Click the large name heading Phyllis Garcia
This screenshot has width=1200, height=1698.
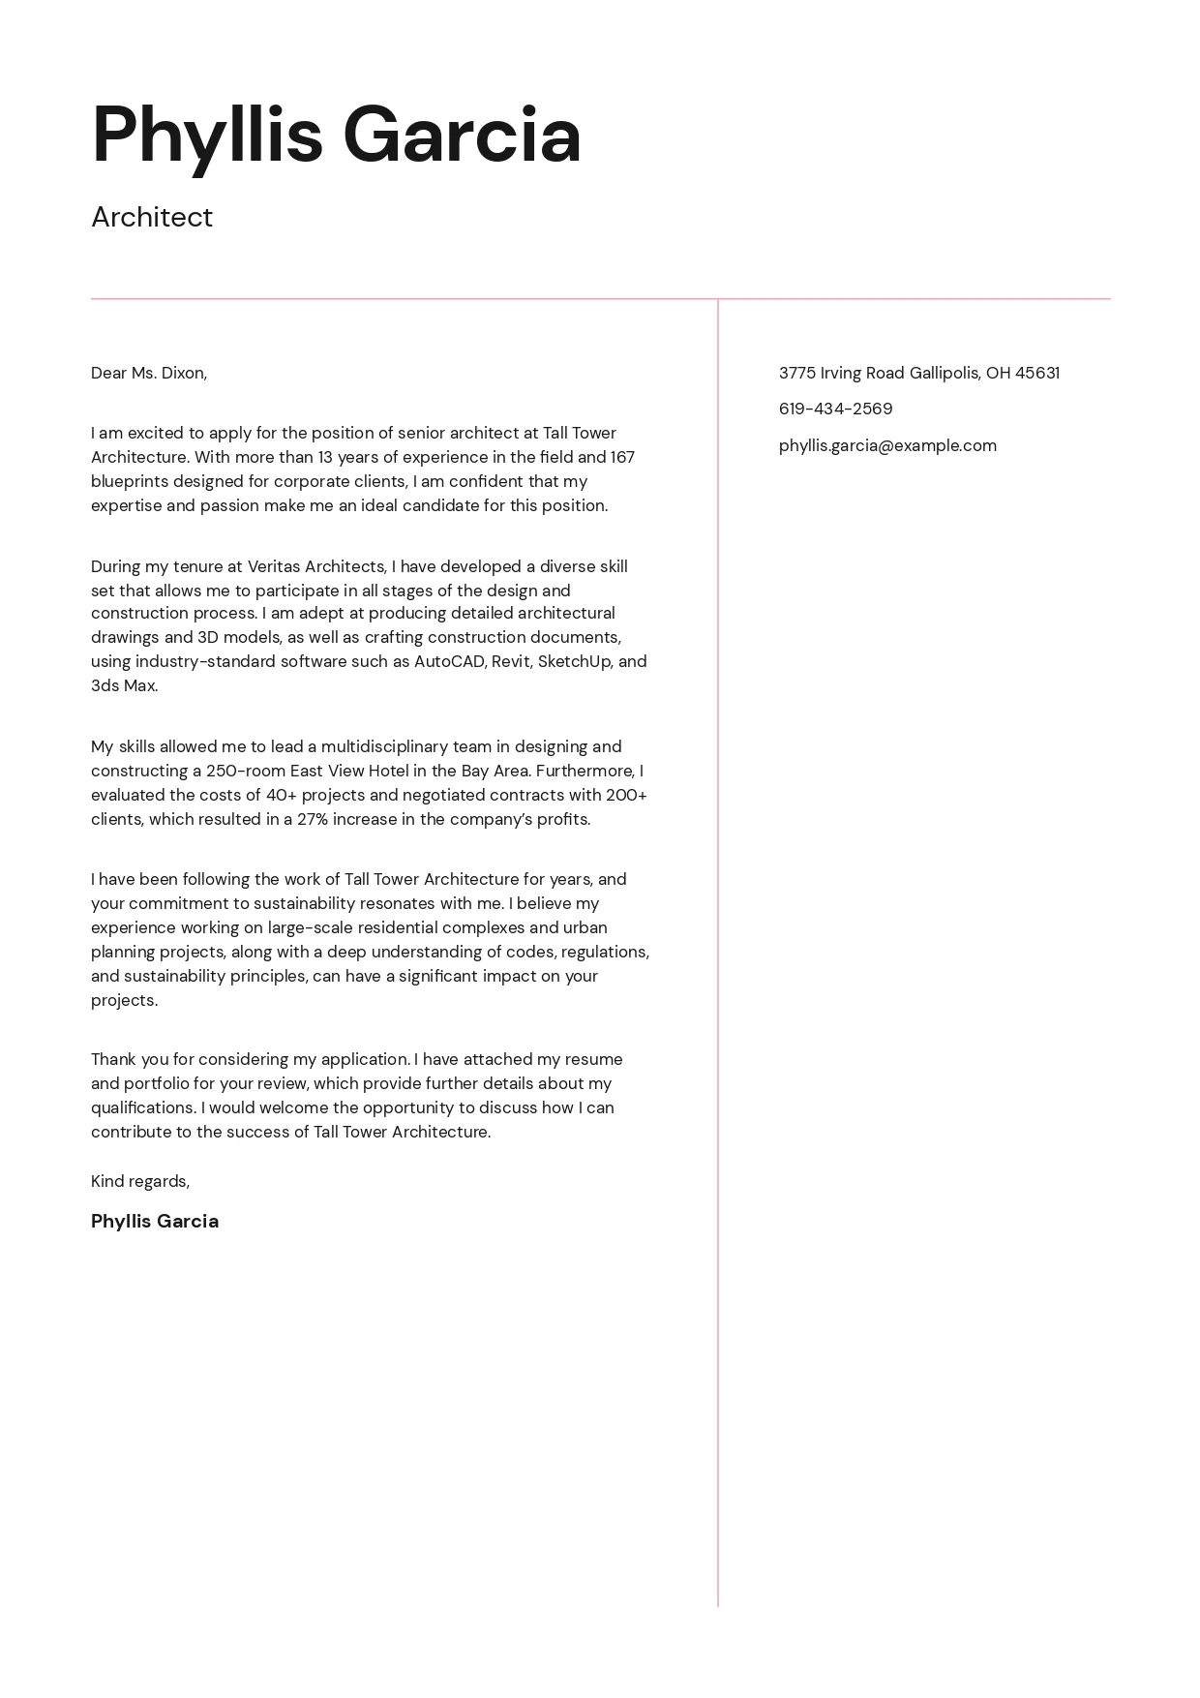coord(336,136)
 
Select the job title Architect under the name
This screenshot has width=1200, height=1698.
coord(152,218)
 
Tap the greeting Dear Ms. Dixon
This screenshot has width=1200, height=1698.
coord(149,373)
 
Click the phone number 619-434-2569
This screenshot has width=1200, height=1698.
coord(835,409)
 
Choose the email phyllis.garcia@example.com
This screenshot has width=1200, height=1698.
coord(887,445)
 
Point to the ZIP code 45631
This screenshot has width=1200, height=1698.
coord(1036,373)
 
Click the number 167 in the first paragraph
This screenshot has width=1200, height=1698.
coord(622,457)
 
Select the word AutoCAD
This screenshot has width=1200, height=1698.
coord(449,661)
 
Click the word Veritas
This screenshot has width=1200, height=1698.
coord(273,566)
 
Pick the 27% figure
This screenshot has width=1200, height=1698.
coord(313,819)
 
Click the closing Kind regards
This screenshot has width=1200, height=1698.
coord(140,1181)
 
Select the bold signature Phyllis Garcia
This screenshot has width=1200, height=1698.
coord(155,1221)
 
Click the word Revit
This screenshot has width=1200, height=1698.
coord(512,661)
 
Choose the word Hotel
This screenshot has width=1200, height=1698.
coord(388,771)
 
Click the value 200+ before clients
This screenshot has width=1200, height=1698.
coord(626,795)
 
